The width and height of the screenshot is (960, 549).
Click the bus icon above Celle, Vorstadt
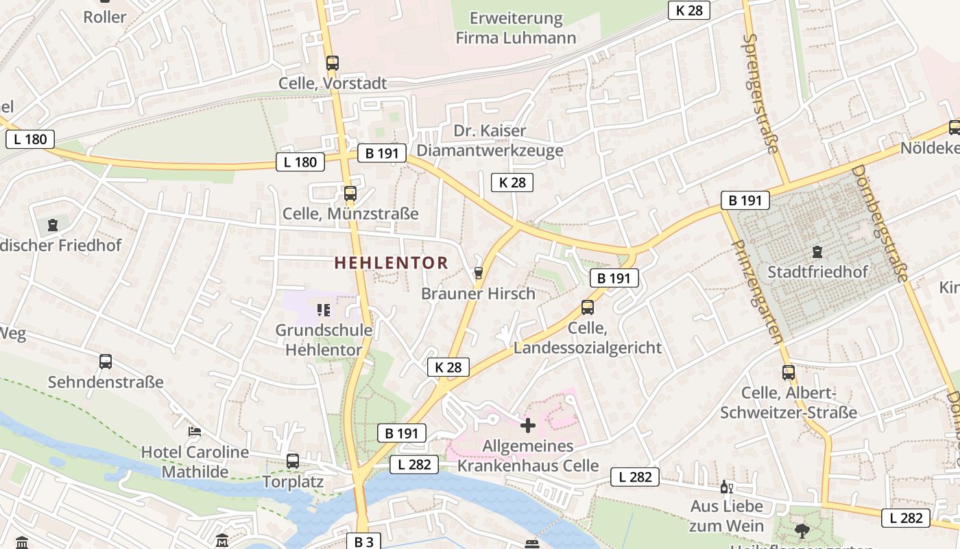coord(333,63)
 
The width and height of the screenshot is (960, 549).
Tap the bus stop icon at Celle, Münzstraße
coord(350,194)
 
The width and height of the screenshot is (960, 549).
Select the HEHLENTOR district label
coord(391,262)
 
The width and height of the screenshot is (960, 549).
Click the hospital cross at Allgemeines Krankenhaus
coord(528,425)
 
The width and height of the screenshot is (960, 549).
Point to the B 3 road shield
coord(363,541)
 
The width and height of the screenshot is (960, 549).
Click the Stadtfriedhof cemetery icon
coord(817,252)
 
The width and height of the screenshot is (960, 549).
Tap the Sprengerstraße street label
coord(761,93)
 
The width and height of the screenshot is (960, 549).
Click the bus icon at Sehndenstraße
coord(106,362)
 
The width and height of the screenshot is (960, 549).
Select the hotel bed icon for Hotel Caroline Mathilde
coord(195,432)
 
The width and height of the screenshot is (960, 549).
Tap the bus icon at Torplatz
coord(293,461)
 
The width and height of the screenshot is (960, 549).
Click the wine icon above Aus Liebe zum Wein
coord(726,487)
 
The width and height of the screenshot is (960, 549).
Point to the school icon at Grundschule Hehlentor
coord(324,310)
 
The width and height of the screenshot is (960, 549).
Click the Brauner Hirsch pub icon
coord(478,273)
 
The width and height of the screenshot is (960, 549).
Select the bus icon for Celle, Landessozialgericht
coord(588,307)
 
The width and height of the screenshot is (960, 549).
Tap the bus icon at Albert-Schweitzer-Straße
coord(789,373)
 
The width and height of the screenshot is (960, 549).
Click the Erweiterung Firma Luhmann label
coord(516,28)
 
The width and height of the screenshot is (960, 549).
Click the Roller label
coord(104,17)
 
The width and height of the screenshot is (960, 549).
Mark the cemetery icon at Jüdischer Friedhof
coord(53,224)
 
